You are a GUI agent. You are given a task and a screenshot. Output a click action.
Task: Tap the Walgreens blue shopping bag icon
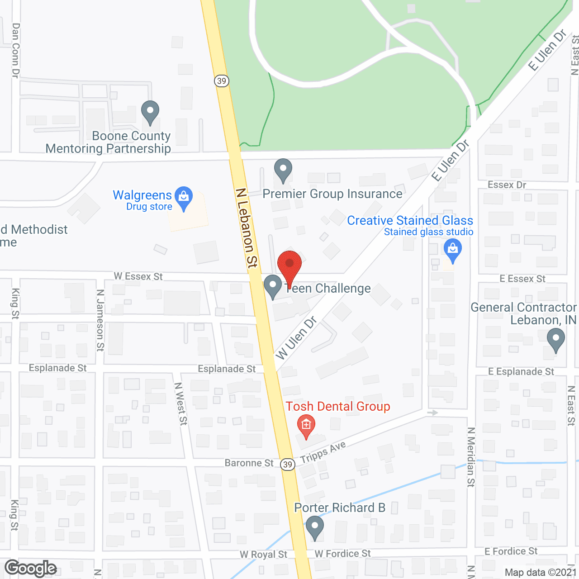(184, 198)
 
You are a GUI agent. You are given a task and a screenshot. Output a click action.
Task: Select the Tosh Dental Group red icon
(306, 425)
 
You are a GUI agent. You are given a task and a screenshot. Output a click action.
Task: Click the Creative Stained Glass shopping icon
(452, 250)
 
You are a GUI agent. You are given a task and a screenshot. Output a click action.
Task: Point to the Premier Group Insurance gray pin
(283, 170)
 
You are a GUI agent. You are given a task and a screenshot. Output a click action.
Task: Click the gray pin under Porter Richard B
(315, 528)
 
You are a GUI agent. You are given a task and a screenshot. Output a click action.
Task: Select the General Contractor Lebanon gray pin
(556, 339)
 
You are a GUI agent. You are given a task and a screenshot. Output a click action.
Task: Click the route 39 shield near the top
(221, 81)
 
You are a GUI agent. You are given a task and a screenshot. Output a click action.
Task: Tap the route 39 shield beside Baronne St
(288, 465)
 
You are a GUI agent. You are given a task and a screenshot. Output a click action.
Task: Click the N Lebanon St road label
(247, 228)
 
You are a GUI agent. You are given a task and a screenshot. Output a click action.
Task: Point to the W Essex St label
(138, 276)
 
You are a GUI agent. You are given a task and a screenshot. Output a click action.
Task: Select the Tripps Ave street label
(323, 452)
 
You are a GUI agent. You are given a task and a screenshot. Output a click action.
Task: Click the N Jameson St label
(100, 320)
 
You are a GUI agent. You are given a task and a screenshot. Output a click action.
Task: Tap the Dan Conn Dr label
(16, 51)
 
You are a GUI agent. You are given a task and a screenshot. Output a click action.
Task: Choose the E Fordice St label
(511, 551)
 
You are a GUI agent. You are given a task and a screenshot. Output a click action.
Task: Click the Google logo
(31, 568)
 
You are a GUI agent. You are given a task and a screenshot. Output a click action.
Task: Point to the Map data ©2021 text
(541, 572)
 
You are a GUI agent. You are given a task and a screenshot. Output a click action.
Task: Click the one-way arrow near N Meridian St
(433, 413)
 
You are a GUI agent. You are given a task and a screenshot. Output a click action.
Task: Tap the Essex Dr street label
(507, 185)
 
